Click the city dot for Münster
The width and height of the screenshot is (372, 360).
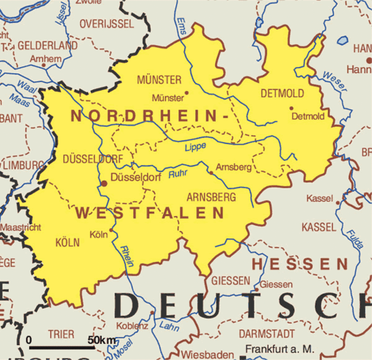pyautogui.click(x=187, y=92)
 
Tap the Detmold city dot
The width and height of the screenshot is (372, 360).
pyautogui.click(x=291, y=108)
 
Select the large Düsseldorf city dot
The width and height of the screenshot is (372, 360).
pyautogui.click(x=104, y=184)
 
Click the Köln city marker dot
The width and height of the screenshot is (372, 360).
pyautogui.click(x=111, y=229)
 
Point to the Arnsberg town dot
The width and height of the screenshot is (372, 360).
pyautogui.click(x=211, y=173)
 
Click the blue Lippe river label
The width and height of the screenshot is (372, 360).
pyautogui.click(x=195, y=147)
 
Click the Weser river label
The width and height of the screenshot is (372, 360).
pyautogui.click(x=335, y=81)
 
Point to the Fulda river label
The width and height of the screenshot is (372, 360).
pyautogui.click(x=354, y=239)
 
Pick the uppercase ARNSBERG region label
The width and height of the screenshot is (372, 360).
pyautogui.click(x=211, y=197)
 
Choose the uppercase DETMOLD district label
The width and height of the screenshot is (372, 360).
pyautogui.click(x=282, y=93)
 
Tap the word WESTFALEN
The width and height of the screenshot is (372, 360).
pyautogui.click(x=150, y=213)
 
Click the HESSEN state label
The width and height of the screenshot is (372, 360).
pyautogui.click(x=300, y=264)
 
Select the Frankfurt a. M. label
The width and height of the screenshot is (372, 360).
pyautogui.click(x=280, y=349)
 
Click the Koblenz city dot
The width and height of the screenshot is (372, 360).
pyautogui.click(x=152, y=313)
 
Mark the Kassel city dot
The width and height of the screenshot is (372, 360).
pyautogui.click(x=337, y=202)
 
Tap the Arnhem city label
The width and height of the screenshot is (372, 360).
pyautogui.click(x=46, y=58)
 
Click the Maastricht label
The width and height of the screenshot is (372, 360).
pyautogui.click(x=21, y=227)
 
